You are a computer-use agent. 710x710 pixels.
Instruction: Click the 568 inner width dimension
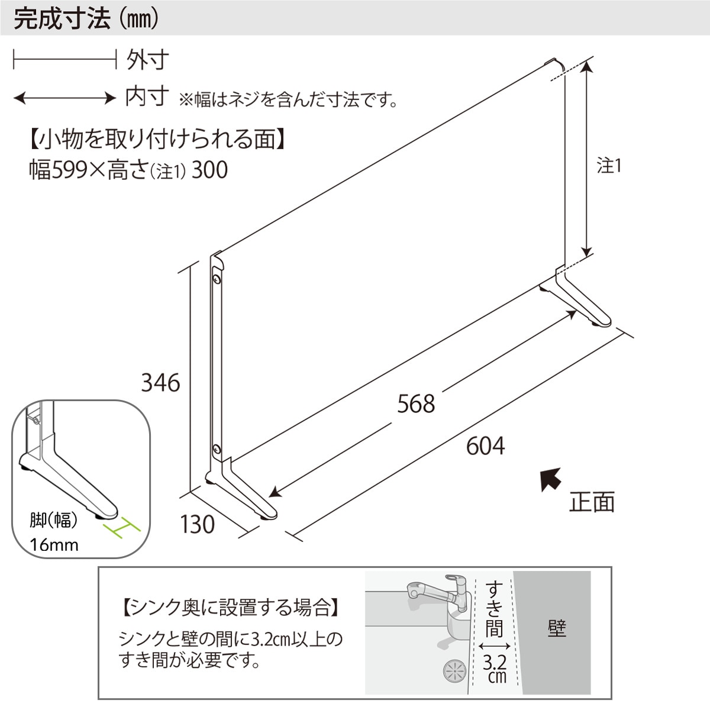point(416,404)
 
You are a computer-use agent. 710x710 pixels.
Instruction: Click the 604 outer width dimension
point(485,446)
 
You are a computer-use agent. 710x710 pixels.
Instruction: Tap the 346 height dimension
point(160,383)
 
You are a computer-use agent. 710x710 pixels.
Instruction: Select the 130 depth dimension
point(197,524)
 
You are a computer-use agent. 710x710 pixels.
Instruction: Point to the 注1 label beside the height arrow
point(609,166)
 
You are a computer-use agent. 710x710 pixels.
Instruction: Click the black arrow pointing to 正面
point(551,479)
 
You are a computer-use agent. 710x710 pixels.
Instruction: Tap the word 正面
point(592,502)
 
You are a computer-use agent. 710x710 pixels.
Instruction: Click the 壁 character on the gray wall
point(556,628)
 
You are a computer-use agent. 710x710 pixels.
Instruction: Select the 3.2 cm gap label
point(495,666)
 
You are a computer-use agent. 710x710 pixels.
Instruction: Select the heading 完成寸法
point(62,18)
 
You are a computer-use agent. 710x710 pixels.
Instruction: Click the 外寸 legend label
point(147,59)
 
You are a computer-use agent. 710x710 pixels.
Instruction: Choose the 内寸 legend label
point(147,96)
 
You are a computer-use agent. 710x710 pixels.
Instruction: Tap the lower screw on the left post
point(217,448)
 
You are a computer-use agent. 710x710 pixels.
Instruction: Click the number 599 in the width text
point(70,170)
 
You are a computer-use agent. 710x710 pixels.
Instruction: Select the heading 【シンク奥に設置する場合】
point(230,607)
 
